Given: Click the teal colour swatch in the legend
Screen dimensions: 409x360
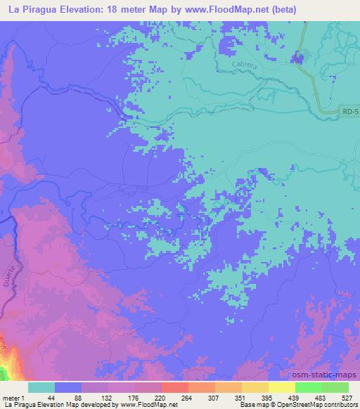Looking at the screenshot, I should point(41,387).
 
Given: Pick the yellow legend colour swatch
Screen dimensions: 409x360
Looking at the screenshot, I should point(282,387).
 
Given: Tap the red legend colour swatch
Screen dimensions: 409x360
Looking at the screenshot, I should point(175,387).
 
